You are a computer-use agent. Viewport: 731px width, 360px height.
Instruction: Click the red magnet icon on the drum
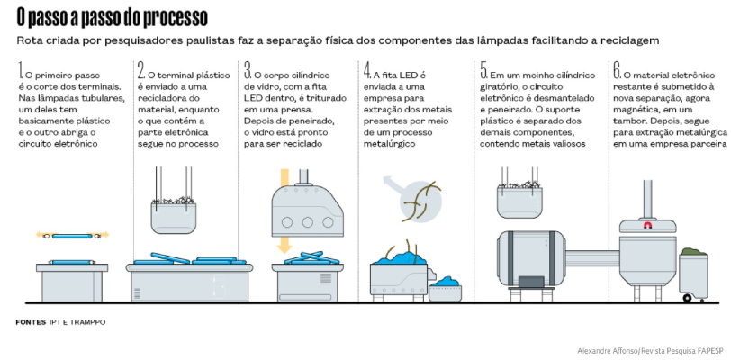point(647,225)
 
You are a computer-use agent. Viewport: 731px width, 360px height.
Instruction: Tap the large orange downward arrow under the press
point(284,244)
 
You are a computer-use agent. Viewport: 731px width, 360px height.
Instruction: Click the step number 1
point(20,70)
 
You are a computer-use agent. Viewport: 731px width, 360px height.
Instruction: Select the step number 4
point(367,70)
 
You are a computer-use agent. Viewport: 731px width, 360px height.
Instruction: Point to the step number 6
point(618,70)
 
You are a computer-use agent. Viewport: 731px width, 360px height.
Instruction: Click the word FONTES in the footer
point(31,322)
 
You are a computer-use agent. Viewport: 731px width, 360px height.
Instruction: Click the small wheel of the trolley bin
point(687,298)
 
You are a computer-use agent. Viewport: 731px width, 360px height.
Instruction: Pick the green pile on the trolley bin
point(694,252)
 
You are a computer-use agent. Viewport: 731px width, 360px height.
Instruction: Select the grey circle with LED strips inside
point(420,201)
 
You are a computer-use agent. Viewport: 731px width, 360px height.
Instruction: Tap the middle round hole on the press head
point(308,222)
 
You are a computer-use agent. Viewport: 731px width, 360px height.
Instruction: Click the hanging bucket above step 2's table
point(174,215)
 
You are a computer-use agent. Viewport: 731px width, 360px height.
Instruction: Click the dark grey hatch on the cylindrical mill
point(531,282)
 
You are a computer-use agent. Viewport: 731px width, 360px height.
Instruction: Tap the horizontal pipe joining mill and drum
point(593,257)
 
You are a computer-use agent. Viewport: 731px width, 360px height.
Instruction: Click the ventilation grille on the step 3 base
point(326,279)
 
